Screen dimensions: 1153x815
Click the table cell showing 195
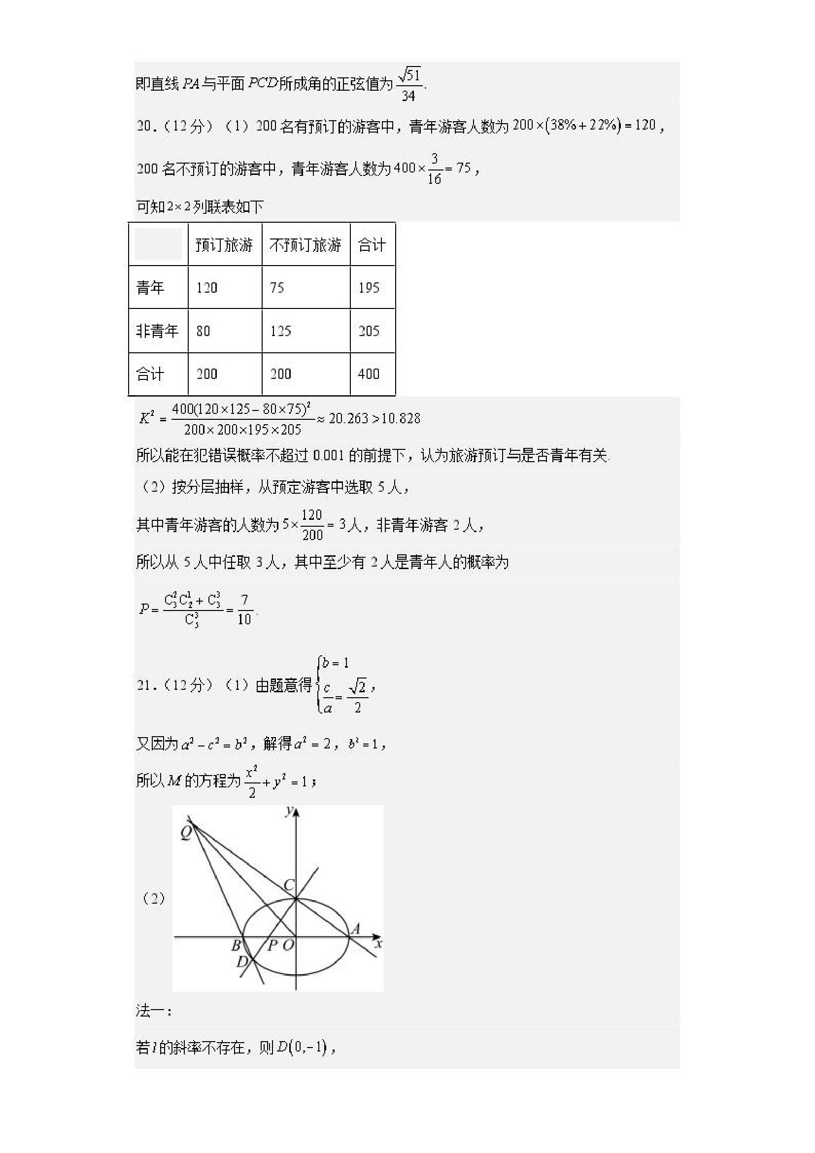[369, 288]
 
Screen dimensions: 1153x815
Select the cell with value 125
[281, 331]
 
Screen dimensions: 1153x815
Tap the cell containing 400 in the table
[369, 373]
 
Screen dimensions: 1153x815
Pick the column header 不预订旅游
[306, 245]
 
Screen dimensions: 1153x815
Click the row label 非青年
[157, 331]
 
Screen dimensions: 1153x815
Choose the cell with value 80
[204, 331]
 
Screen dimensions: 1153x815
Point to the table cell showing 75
[277, 288]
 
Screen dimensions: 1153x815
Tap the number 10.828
[401, 418]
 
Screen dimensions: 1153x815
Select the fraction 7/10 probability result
[244, 610]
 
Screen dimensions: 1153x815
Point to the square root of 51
[409, 75]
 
